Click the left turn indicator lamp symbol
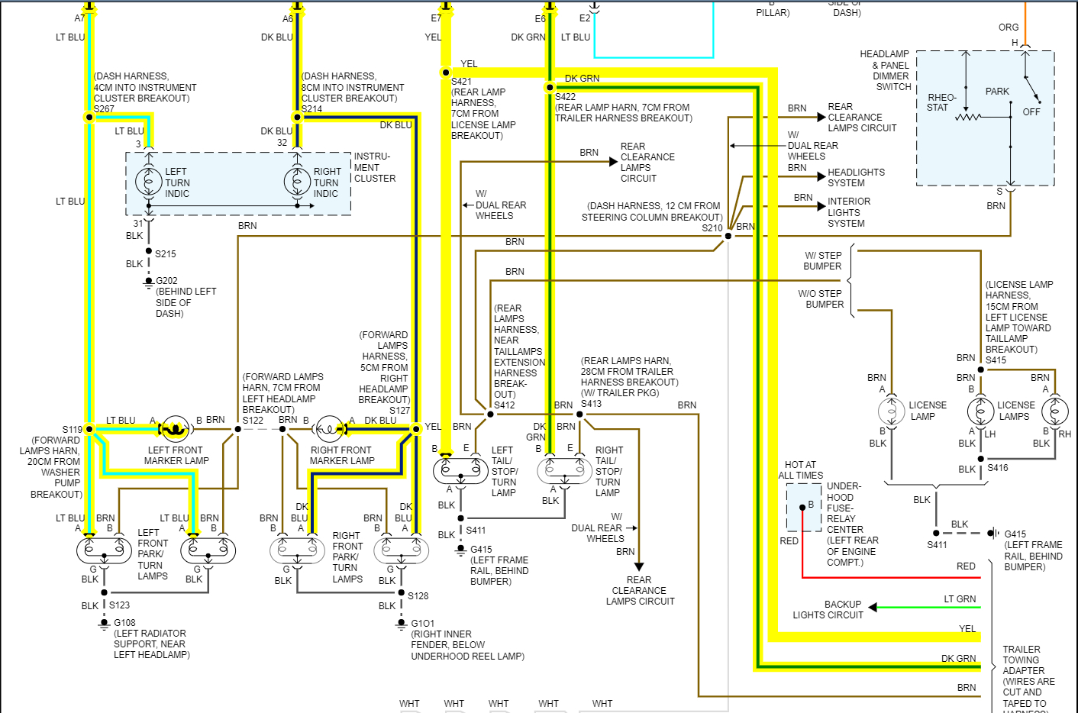[x=149, y=182]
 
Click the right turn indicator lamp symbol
[x=297, y=182]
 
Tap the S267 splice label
[x=104, y=109]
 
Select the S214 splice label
[x=311, y=109]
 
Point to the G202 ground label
[x=166, y=281]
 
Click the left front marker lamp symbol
[x=176, y=429]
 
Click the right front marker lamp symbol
[x=330, y=429]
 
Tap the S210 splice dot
[x=728, y=236]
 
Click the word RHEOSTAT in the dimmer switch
[x=941, y=102]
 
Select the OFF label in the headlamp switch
[x=1031, y=112]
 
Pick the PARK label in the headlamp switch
[x=997, y=92]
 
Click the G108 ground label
[x=124, y=623]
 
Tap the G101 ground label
[x=422, y=624]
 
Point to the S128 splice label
[x=418, y=595]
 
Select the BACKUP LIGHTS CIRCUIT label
[x=828, y=609]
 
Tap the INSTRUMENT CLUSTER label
[x=374, y=167]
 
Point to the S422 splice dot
[x=550, y=87]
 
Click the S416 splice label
[x=997, y=468]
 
